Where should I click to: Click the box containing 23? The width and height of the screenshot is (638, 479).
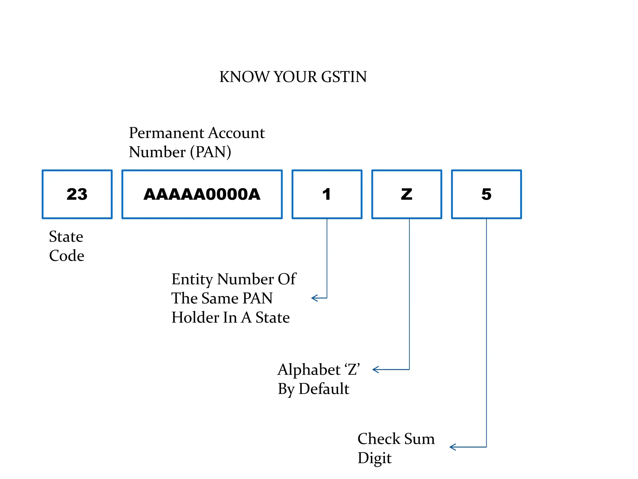[77, 194]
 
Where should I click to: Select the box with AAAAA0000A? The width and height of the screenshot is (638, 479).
[202, 194]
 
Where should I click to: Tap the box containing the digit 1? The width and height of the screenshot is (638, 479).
[327, 194]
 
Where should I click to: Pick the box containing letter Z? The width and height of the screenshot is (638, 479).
[407, 194]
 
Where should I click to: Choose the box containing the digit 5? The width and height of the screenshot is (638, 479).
[486, 194]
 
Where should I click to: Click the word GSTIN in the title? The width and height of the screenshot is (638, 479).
[344, 77]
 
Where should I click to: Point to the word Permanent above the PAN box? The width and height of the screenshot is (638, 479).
[166, 133]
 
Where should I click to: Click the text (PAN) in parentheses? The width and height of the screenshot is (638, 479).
[211, 152]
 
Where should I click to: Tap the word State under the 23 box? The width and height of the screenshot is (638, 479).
[66, 237]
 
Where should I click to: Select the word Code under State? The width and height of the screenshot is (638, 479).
[66, 256]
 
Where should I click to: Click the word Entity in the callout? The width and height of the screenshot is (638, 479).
[192, 279]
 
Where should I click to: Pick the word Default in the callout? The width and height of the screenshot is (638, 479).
[324, 389]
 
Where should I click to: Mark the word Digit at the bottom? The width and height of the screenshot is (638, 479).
[374, 458]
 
